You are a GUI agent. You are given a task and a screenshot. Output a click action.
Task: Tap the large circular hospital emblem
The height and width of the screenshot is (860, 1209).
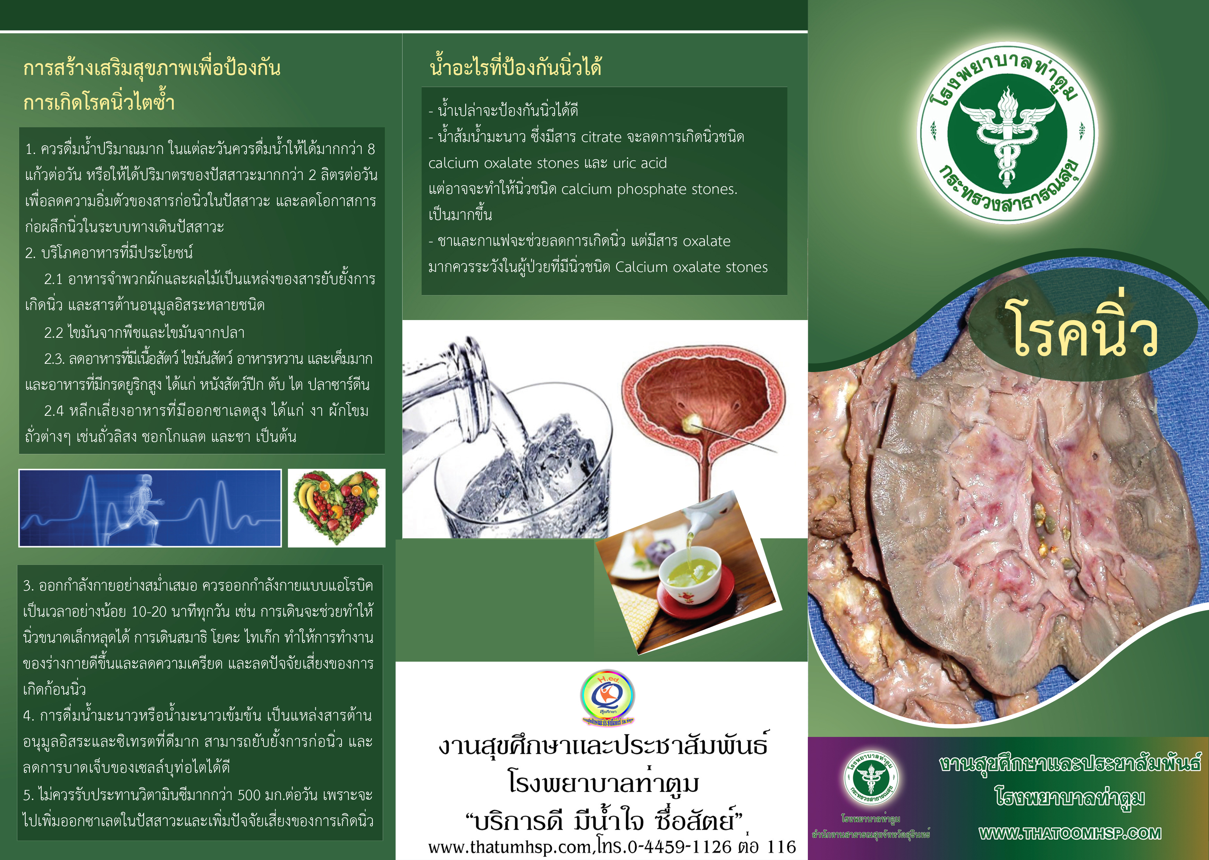(1007, 132)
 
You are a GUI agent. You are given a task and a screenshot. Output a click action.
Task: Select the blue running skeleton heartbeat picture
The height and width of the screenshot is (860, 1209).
(150, 508)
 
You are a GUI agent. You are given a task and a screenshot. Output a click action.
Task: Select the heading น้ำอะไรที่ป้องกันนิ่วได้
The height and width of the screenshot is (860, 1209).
(516, 68)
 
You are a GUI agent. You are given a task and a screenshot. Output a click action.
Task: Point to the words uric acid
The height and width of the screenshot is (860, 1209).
(640, 163)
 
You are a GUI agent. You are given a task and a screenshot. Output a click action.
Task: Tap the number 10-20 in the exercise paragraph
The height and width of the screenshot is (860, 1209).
(149, 612)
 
